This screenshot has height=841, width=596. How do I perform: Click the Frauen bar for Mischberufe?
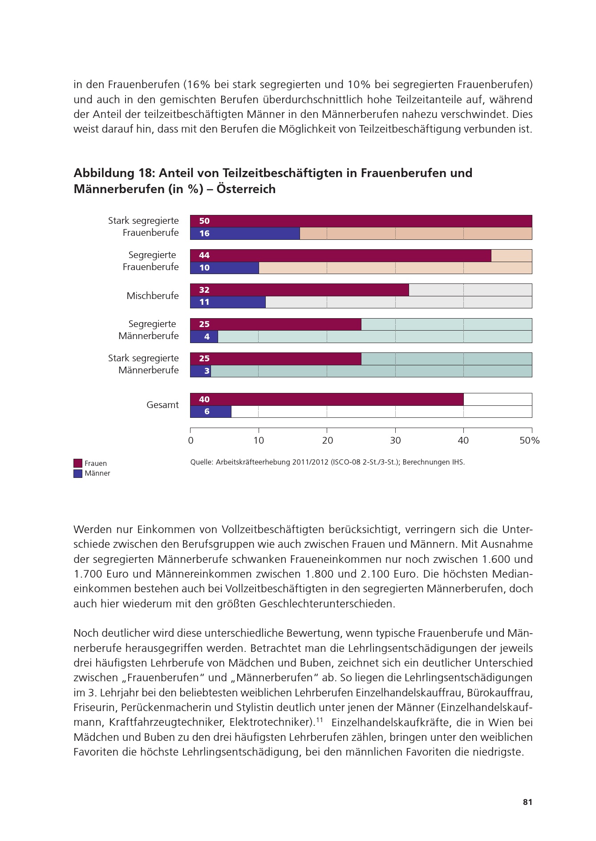click(x=299, y=290)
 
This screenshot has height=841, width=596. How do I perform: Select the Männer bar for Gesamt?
click(x=211, y=412)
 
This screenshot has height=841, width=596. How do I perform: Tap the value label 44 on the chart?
click(x=204, y=255)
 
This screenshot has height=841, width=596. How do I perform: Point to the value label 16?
click(x=204, y=233)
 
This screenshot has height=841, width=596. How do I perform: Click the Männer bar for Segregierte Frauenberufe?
click(x=224, y=268)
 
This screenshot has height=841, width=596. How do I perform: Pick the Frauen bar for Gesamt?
click(x=327, y=399)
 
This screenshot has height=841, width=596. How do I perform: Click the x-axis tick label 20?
click(x=327, y=441)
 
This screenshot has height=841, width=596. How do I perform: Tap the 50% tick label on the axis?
click(x=530, y=441)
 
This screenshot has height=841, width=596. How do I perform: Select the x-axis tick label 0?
click(x=191, y=441)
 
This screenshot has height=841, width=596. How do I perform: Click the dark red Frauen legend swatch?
click(x=78, y=463)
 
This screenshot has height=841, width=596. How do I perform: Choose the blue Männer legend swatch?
click(x=78, y=473)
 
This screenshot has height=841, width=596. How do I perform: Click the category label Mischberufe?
click(x=153, y=296)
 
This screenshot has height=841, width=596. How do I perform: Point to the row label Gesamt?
click(x=162, y=405)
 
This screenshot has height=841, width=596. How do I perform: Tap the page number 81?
click(x=527, y=802)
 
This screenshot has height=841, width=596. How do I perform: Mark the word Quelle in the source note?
click(x=201, y=462)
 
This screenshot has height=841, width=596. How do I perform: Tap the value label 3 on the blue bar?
click(x=207, y=371)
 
